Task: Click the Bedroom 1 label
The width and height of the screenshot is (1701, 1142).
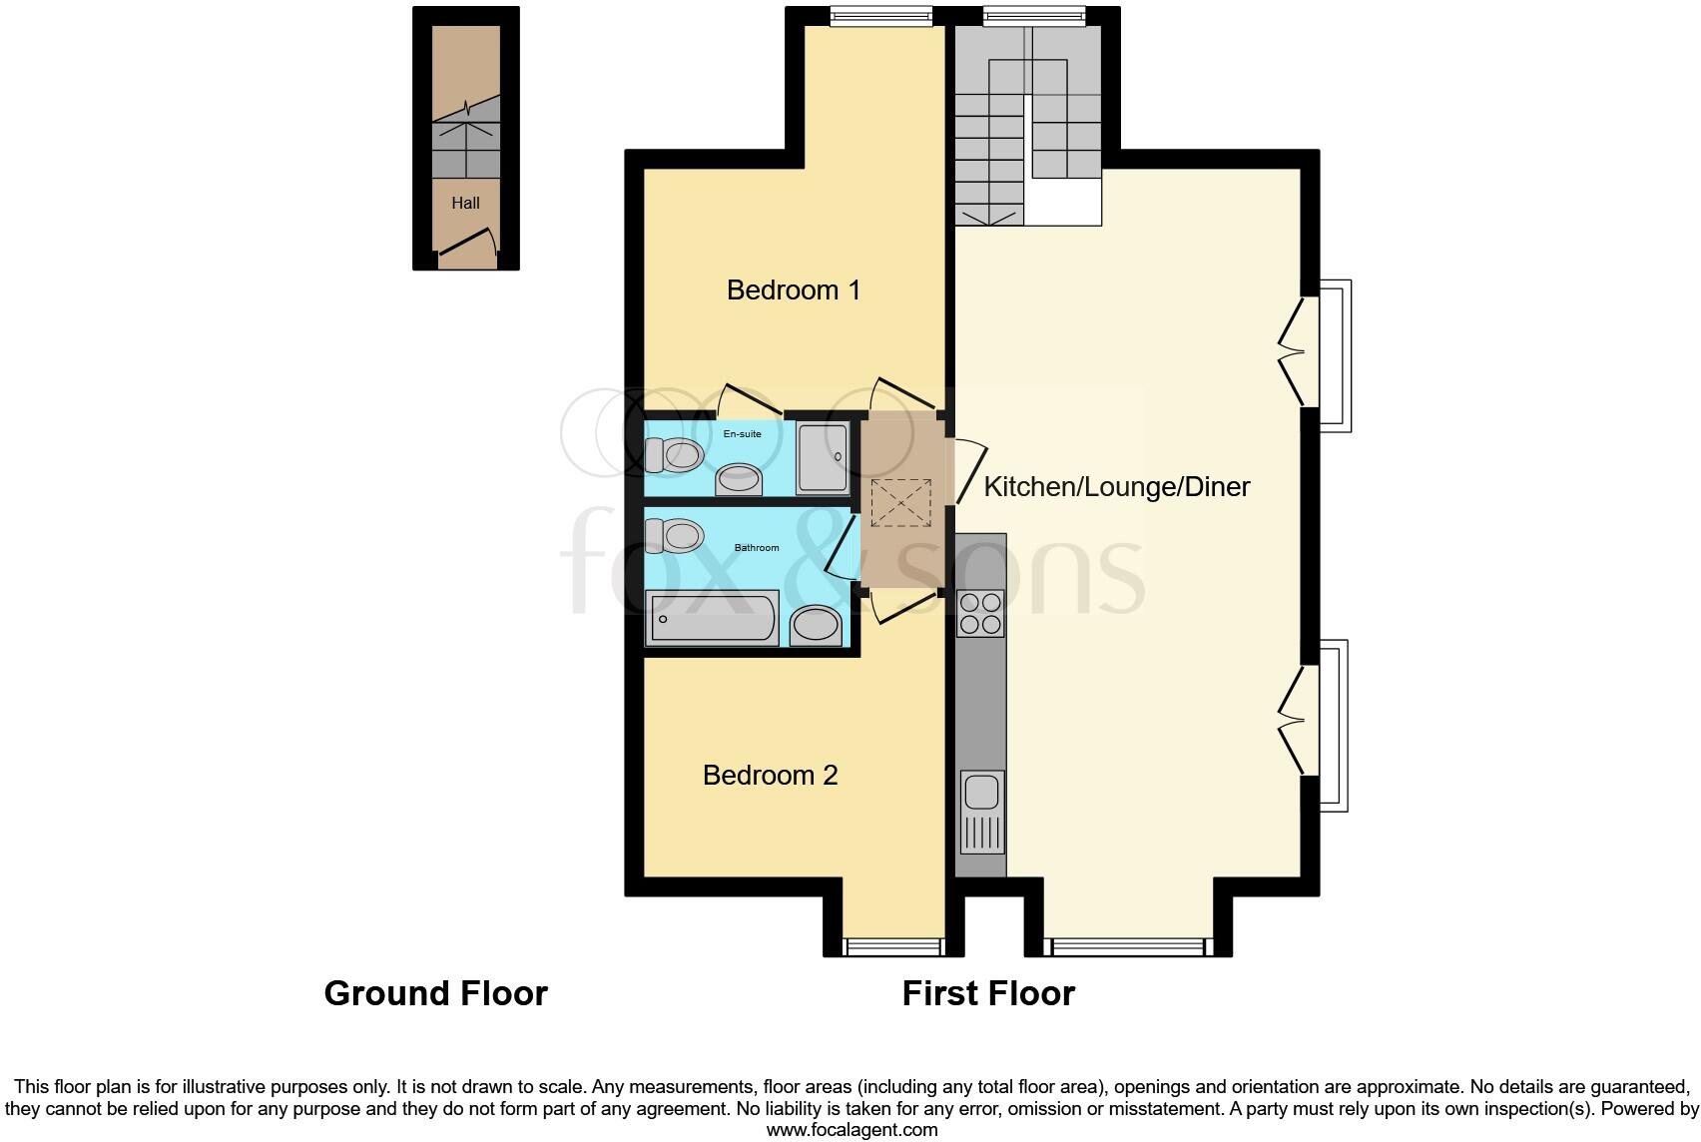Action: tap(793, 290)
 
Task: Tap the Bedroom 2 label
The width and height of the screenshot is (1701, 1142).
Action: tap(770, 776)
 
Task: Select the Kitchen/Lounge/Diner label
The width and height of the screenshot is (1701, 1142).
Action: tap(1116, 487)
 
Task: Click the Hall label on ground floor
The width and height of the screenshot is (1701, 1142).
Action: tap(465, 204)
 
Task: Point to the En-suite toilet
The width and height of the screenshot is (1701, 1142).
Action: tap(672, 455)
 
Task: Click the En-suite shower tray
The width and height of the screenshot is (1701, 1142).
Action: tap(823, 457)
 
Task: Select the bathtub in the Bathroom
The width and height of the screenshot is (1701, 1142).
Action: tap(711, 618)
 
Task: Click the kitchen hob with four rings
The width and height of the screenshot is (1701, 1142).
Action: tap(979, 613)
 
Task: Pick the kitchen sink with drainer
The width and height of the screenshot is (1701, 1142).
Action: tap(981, 812)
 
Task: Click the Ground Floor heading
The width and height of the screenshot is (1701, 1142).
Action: tap(435, 993)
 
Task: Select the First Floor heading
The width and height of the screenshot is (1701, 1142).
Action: tap(988, 993)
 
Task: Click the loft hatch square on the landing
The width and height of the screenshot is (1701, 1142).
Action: tap(900, 502)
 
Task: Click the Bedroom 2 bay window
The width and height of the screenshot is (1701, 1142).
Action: tap(893, 945)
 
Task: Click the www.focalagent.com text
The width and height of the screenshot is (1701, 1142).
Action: tap(851, 1130)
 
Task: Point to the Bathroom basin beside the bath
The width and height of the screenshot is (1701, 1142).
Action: tap(816, 626)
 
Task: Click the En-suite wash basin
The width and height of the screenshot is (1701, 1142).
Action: tap(739, 479)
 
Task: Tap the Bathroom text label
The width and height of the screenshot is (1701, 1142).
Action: tap(757, 548)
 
